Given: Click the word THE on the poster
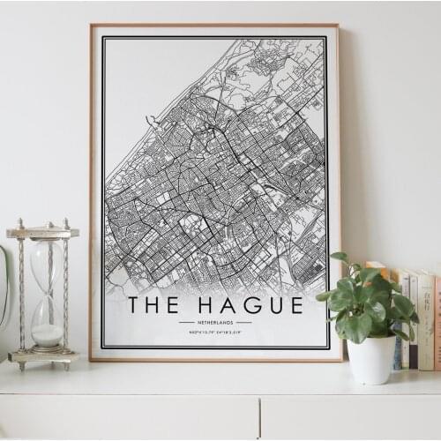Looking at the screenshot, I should [x=154, y=305].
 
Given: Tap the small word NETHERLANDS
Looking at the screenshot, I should [x=214, y=323].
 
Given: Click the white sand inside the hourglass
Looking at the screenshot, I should [x=48, y=334].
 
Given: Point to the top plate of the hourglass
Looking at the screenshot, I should [x=42, y=233].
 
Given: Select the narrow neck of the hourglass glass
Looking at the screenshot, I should [x=48, y=291].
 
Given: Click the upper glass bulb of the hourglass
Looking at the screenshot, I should [x=47, y=264].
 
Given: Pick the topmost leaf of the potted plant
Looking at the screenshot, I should [x=340, y=258].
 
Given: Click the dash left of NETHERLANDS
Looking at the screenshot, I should [x=185, y=323].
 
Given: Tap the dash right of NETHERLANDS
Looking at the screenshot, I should [x=243, y=323].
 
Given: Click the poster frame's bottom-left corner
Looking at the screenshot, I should [x=92, y=359].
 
